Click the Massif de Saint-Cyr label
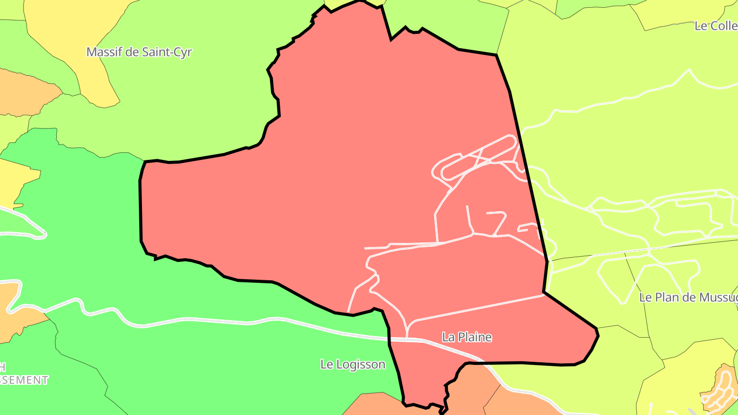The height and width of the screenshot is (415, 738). [139, 52]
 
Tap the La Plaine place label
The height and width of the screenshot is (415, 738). [467, 337]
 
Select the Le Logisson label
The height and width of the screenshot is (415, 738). [353, 364]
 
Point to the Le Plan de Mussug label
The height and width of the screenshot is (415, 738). [688, 297]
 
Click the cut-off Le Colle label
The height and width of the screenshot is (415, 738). [715, 26]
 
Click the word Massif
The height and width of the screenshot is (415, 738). [104, 52]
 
